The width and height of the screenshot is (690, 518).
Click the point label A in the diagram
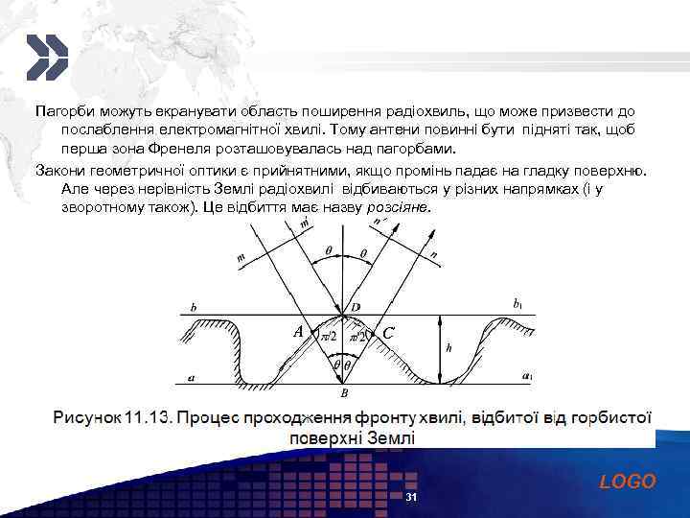(x=299, y=330)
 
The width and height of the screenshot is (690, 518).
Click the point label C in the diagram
(x=387, y=333)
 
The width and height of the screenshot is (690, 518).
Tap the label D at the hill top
(x=356, y=306)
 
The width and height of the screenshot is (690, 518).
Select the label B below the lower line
(x=344, y=393)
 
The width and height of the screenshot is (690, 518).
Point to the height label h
(x=449, y=348)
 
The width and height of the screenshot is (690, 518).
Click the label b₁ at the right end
(x=518, y=303)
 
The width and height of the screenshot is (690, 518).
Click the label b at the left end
(x=195, y=308)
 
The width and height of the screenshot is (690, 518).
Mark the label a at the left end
(x=192, y=378)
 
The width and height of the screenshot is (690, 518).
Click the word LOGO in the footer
(x=628, y=482)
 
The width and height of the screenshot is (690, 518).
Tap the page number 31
(x=411, y=499)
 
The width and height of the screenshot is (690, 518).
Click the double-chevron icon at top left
(x=45, y=57)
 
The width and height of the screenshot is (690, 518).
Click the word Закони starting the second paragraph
(x=60, y=169)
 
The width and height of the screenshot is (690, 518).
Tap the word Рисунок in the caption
(x=86, y=418)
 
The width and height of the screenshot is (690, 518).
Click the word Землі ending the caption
(x=392, y=438)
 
